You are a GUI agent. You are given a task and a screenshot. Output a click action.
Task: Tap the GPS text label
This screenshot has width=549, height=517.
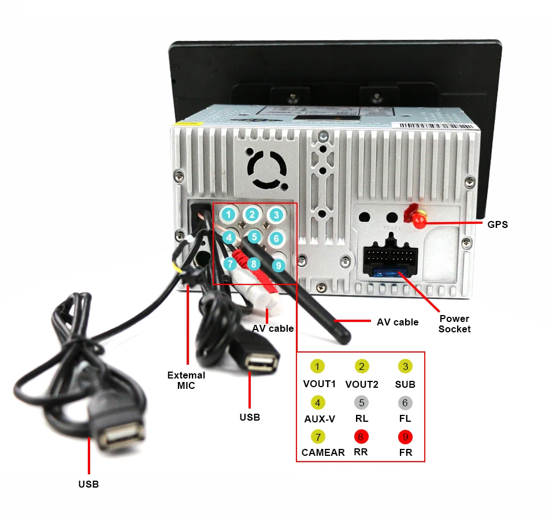point(497,224)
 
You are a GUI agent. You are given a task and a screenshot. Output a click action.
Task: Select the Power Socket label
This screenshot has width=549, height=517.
point(454,324)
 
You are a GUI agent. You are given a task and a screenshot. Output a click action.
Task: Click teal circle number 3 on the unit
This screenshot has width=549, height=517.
point(277,215)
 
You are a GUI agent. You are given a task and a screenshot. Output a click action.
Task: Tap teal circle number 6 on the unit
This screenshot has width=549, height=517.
point(276,238)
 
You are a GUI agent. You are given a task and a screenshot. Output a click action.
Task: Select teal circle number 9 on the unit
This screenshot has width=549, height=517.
point(279,265)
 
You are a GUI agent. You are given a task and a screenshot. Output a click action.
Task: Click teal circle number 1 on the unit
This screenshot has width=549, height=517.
point(229,215)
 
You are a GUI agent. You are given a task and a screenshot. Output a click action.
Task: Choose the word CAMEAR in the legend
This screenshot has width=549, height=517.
point(323,452)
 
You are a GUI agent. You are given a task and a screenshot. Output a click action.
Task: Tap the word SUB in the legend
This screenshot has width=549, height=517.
point(405,384)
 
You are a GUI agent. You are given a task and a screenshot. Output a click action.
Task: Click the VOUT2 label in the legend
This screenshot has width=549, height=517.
point(362,384)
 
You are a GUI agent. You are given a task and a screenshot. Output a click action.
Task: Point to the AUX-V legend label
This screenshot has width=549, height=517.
point(320,418)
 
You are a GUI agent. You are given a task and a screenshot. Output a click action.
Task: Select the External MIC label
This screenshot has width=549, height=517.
point(186,380)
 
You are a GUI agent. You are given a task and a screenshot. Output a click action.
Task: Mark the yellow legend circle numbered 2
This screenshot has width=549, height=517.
point(362,366)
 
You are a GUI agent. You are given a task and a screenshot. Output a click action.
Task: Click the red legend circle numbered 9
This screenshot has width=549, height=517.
point(405,437)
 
